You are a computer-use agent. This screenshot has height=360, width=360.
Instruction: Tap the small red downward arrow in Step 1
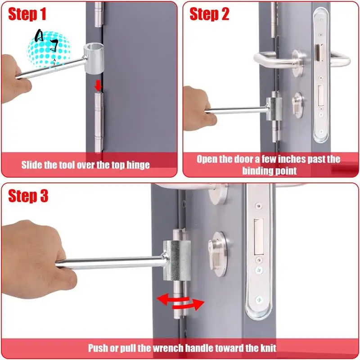(98, 85)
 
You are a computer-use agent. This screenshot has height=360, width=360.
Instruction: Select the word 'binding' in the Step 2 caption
(257, 171)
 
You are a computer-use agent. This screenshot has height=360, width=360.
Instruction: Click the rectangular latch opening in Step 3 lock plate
(259, 235)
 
